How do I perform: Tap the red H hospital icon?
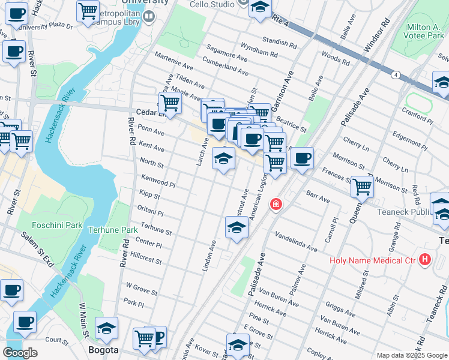[426, 260]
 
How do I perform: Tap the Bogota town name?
[103, 350]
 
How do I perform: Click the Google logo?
[20, 353]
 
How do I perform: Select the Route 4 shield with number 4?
[396, 75]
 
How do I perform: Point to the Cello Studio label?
[212, 4]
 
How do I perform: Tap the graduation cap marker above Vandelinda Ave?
[237, 228]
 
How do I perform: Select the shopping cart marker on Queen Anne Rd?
[362, 187]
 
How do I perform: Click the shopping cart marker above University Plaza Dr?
[88, 10]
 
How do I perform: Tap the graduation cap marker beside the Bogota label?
[106, 328]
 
